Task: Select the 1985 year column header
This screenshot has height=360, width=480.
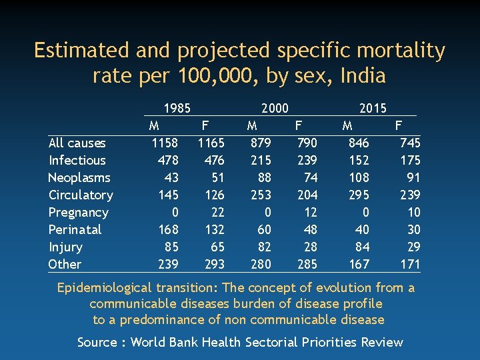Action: [177, 108]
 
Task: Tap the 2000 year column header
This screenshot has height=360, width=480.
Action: [275, 108]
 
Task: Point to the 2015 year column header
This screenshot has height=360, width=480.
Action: [373, 108]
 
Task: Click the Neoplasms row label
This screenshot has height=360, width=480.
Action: [79, 177]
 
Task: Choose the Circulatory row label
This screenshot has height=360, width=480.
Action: [81, 195]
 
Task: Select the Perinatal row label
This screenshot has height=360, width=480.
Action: [75, 229]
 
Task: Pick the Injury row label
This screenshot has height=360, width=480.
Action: [65, 247]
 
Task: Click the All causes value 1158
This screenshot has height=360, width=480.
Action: [165, 143]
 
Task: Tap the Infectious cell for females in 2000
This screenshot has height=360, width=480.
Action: [306, 160]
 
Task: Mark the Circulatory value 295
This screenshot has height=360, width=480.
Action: [358, 195]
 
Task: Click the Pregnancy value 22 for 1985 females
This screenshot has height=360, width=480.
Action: [216, 212]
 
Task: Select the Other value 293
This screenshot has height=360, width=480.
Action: [213, 264]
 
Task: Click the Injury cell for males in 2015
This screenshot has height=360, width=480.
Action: [361, 247]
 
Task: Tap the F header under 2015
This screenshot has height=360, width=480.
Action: [399, 125]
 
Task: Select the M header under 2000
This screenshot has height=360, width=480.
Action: [252, 125]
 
